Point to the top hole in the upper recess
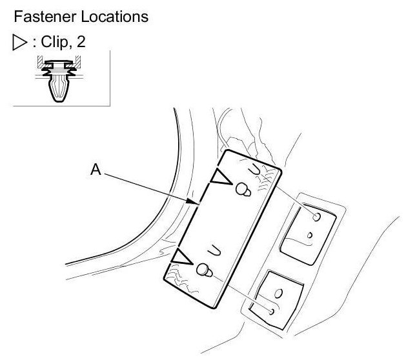coord(315,217)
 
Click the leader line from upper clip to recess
coord(281,203)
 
